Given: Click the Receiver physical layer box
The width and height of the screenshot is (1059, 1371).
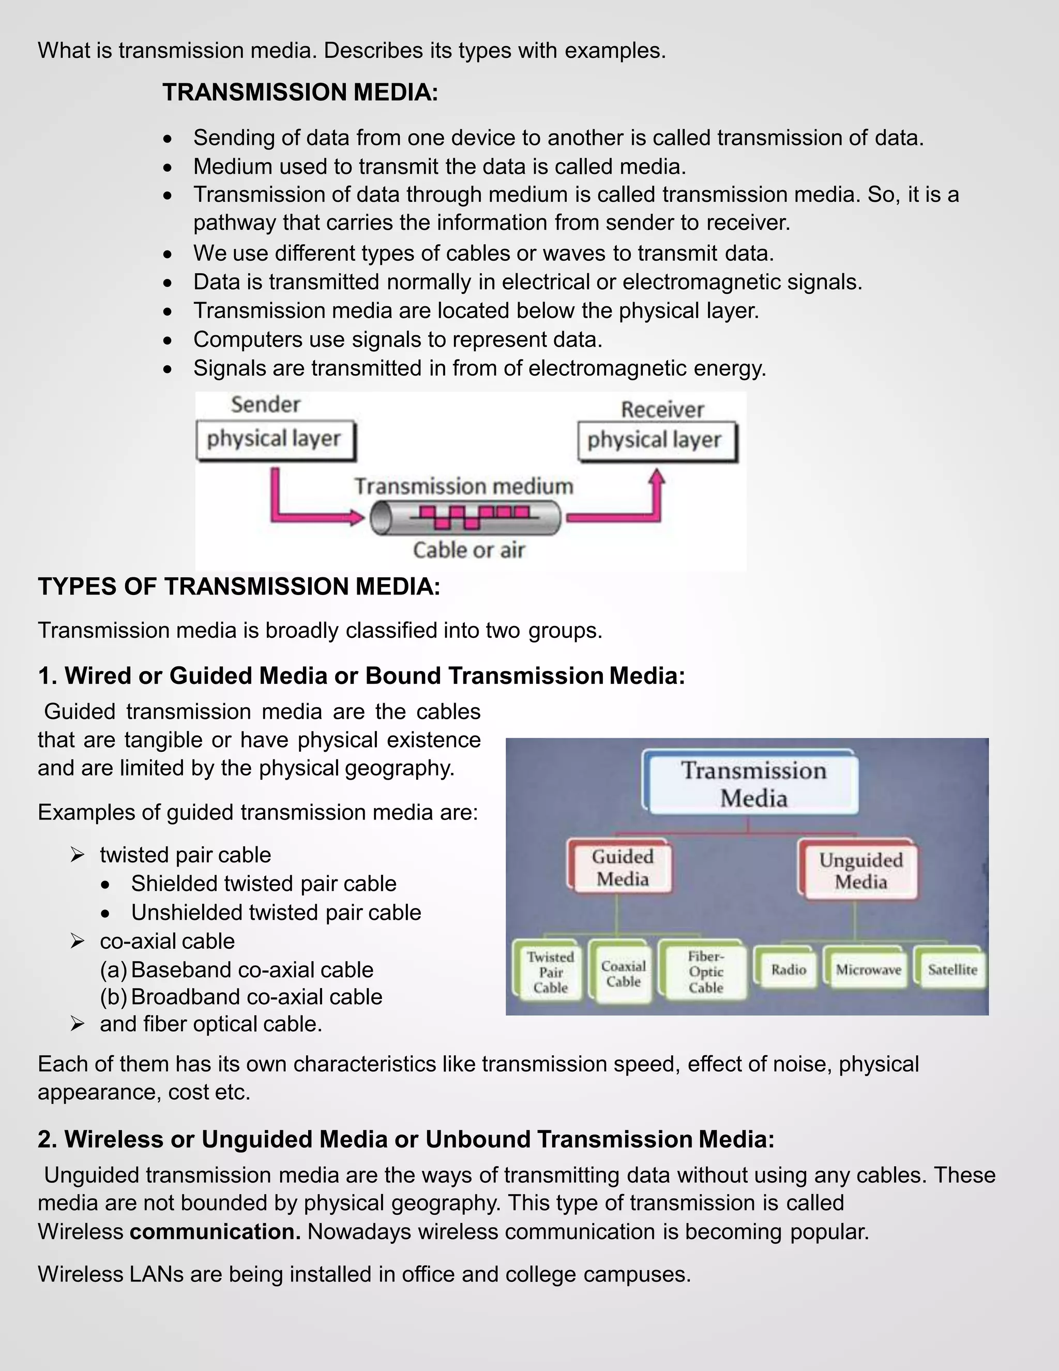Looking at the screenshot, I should click(656, 441).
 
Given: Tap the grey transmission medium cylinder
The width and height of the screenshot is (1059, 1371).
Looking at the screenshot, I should click(465, 518).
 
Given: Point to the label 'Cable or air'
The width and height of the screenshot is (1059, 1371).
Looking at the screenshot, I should click(468, 550).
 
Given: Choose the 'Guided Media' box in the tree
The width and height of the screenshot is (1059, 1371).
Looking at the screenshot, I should click(622, 868).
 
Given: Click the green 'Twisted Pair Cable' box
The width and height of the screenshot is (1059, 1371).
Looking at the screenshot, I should click(550, 972).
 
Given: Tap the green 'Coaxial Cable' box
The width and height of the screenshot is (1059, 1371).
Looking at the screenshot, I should click(623, 974).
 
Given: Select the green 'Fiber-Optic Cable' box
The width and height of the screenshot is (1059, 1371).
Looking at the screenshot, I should click(705, 972).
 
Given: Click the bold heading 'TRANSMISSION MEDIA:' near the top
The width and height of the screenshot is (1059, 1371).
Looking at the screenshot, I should click(300, 92).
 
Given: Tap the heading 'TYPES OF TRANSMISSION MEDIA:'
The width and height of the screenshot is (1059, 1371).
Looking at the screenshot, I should click(239, 586).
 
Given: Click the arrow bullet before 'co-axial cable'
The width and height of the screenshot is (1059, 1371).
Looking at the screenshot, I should click(77, 941).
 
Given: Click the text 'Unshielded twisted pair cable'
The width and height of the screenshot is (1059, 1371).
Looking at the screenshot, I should click(276, 912).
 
